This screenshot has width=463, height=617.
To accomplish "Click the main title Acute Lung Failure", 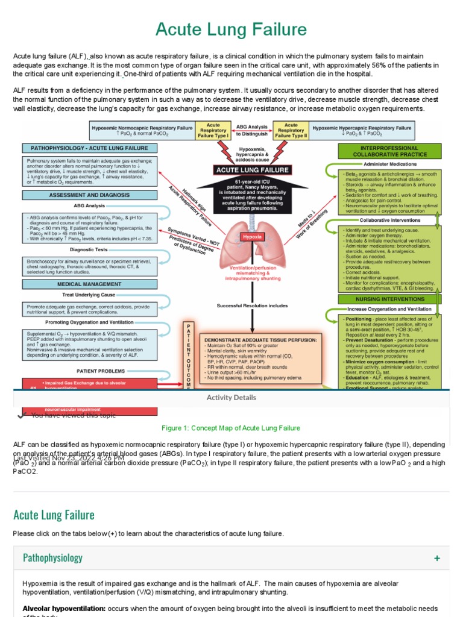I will (231, 29).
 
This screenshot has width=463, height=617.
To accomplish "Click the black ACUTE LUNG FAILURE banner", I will (252, 170).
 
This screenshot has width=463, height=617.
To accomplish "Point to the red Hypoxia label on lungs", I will (252, 237).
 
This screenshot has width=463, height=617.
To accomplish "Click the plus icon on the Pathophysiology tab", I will (436, 559).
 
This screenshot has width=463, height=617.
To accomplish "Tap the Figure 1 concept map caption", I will (231, 428).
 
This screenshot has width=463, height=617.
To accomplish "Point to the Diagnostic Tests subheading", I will (89, 249).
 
